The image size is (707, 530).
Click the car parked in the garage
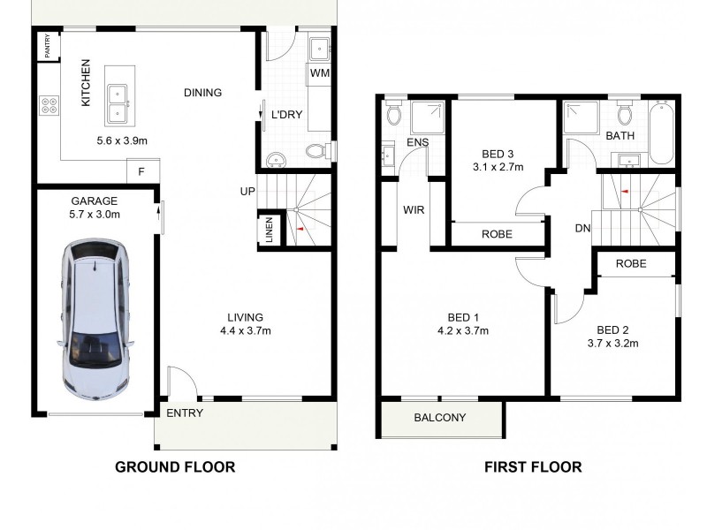95,320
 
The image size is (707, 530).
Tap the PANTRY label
48,45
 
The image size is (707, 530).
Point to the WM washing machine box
320,73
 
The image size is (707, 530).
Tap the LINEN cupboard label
270,231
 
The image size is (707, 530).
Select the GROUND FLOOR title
175,467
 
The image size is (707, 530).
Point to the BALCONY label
440,418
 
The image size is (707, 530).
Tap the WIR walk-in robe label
414,211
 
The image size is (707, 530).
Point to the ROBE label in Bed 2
631,263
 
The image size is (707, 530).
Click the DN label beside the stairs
582,229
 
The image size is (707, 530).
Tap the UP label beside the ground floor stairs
247,191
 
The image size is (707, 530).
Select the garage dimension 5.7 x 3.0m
95,213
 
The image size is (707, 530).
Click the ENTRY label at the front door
184,413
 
